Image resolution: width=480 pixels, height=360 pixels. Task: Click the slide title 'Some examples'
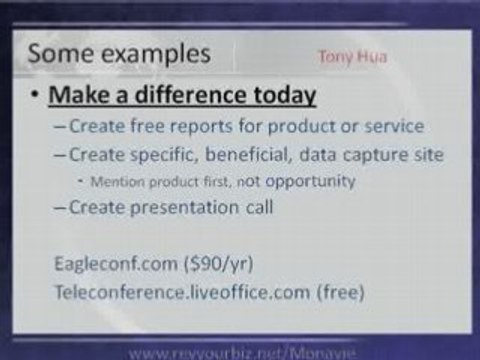(x=119, y=54)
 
